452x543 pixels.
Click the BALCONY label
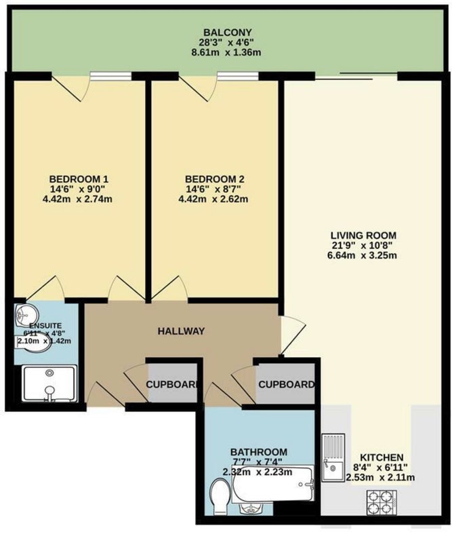tap(227, 33)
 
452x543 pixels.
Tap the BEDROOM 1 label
tap(79, 179)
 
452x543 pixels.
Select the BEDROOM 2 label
tap(214, 179)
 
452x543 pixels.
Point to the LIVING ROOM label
tap(363, 236)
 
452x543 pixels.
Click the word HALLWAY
tap(181, 331)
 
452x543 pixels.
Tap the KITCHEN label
tap(382, 457)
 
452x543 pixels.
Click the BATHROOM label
tap(259, 452)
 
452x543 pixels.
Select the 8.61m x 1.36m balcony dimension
tap(226, 53)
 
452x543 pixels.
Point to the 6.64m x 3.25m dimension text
tap(362, 256)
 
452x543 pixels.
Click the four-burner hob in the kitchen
tap(382, 502)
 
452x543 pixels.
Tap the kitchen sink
tap(333, 457)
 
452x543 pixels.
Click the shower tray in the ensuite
tap(49, 383)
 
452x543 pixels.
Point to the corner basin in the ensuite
tap(26, 315)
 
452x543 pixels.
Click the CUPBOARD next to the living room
tap(287, 384)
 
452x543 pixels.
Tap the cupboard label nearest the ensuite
tap(172, 384)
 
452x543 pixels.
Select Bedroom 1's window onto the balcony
tap(110, 76)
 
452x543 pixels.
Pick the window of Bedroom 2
tap(238, 76)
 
